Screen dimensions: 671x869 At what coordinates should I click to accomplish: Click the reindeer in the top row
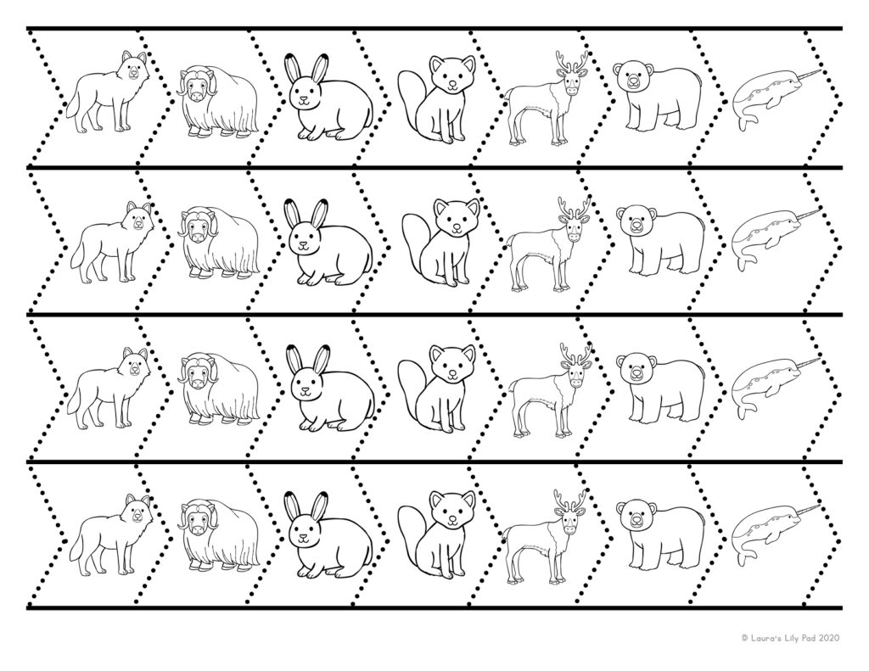(547, 98)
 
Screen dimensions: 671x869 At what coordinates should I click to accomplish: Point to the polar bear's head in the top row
(629, 78)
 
